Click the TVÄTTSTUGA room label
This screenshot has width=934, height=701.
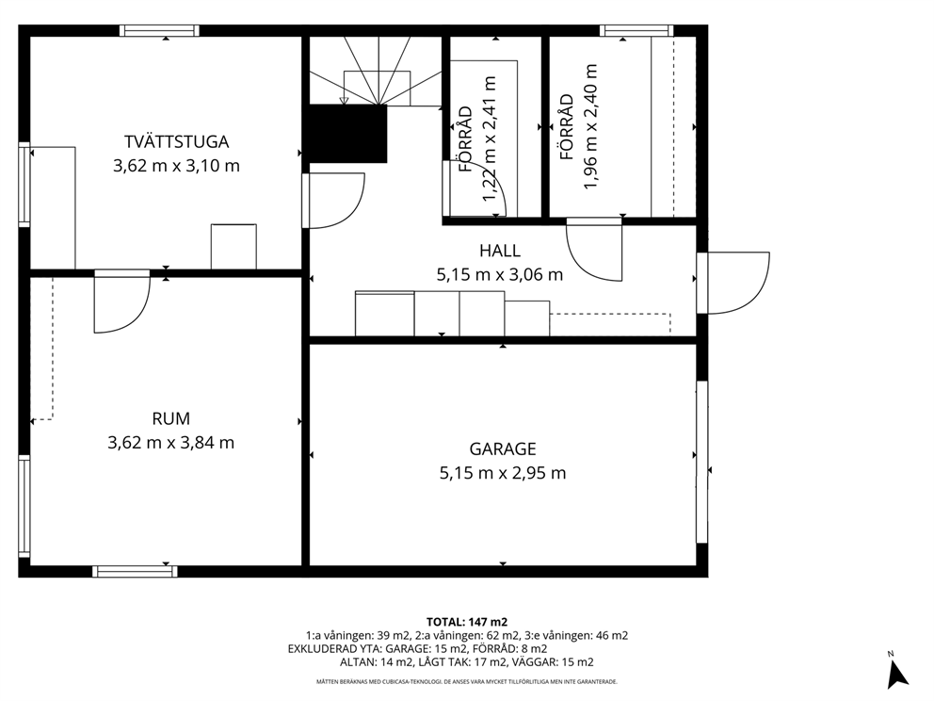pyautogui.click(x=176, y=142)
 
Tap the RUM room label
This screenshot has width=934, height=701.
pyautogui.click(x=171, y=419)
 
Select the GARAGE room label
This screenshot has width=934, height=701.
pyautogui.click(x=503, y=448)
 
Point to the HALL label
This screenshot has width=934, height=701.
pyautogui.click(x=500, y=251)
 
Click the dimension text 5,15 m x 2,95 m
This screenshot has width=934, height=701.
pyautogui.click(x=503, y=473)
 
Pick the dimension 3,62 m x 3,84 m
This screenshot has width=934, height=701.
pyautogui.click(x=171, y=443)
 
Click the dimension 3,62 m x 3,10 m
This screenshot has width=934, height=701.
pyautogui.click(x=176, y=166)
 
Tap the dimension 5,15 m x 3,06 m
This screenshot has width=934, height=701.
pyautogui.click(x=500, y=275)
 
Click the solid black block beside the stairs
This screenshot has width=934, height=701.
pyautogui.click(x=347, y=134)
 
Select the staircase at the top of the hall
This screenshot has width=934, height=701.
pyautogui.click(x=376, y=71)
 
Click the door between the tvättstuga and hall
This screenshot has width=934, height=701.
pyautogui.click(x=333, y=201)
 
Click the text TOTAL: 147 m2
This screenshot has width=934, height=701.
pyautogui.click(x=467, y=622)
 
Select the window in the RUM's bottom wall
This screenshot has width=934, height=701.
pyautogui.click(x=136, y=572)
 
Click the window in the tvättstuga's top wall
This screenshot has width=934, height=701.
pyautogui.click(x=159, y=31)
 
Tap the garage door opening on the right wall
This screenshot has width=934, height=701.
pyautogui.click(x=702, y=462)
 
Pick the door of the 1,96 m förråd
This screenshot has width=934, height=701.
pyautogui.click(x=594, y=250)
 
